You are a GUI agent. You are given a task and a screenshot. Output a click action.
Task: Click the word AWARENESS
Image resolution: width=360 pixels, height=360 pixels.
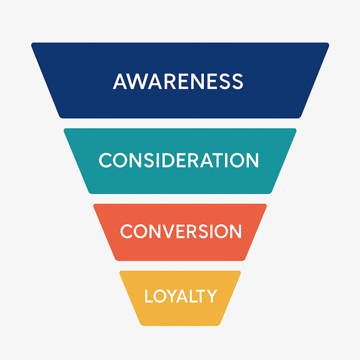(178, 82)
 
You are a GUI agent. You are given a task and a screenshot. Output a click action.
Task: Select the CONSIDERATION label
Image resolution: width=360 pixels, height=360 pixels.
(179, 161)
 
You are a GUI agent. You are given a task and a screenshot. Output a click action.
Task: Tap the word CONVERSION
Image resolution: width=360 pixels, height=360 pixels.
(180, 231)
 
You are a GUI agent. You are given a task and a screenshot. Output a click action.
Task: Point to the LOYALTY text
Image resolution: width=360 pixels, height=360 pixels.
(180, 296)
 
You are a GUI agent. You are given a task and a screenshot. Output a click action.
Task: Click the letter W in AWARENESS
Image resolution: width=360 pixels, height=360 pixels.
(136, 82)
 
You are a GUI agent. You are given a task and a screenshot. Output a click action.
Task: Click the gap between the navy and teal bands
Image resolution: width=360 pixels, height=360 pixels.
(180, 124)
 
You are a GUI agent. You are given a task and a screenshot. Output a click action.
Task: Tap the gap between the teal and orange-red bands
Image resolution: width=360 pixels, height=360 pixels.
(180, 199)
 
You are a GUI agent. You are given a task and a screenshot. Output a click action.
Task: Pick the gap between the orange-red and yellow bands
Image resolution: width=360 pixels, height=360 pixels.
(180, 265)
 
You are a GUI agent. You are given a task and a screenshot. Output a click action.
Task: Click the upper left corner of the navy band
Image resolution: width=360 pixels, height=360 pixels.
(32, 45)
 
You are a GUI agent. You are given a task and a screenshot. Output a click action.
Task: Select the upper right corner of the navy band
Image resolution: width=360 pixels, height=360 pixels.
(328, 45)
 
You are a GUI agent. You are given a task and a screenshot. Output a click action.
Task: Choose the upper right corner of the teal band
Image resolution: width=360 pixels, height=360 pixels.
(294, 130)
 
